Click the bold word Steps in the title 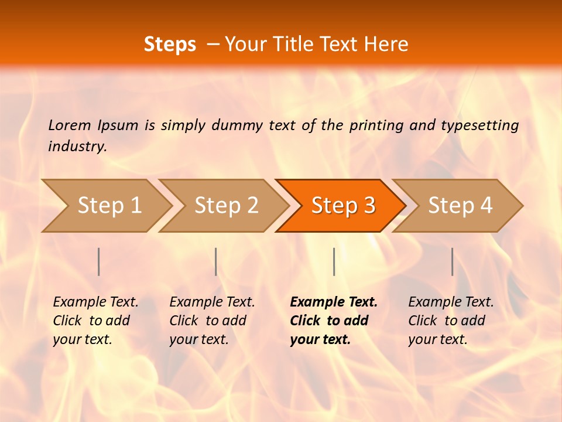[170, 45]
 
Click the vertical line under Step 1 [99, 261]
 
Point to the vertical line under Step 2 [216, 261]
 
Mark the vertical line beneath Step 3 [334, 261]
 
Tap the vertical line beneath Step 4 [452, 261]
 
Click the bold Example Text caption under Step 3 [334, 320]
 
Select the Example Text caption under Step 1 [95, 320]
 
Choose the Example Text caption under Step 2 [212, 320]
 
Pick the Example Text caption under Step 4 [451, 320]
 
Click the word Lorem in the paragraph [69, 125]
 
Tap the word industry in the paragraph [77, 146]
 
